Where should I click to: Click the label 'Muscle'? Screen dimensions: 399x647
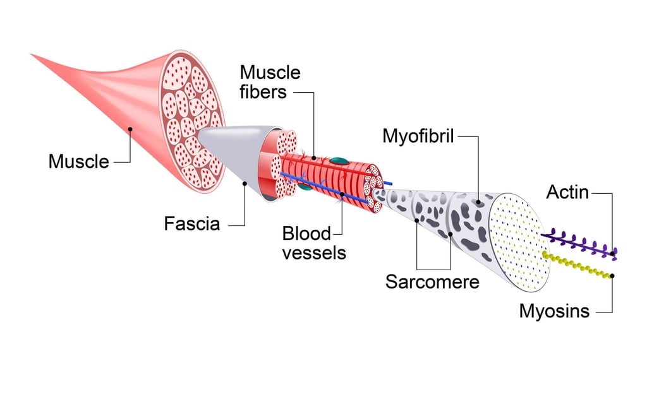[x=78, y=162]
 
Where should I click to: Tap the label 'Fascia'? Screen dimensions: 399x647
[x=191, y=223]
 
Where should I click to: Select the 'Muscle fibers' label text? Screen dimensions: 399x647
[x=270, y=82]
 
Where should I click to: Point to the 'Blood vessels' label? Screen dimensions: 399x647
[x=313, y=243]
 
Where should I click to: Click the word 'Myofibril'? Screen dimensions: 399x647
[x=418, y=136]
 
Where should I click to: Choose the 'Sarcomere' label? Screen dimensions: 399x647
[x=432, y=281]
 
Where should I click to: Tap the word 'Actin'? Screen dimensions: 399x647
[x=567, y=192]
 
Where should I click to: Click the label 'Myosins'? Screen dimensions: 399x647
[x=554, y=311]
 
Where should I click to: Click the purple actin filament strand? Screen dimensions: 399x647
[x=578, y=244]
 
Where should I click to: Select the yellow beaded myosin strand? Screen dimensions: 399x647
[x=578, y=265]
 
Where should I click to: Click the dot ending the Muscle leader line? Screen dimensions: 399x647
[x=130, y=129]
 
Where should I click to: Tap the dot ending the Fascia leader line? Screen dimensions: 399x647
[x=245, y=184]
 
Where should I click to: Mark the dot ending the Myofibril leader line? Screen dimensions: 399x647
[x=478, y=203]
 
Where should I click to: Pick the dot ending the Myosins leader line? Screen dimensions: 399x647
[x=612, y=275]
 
